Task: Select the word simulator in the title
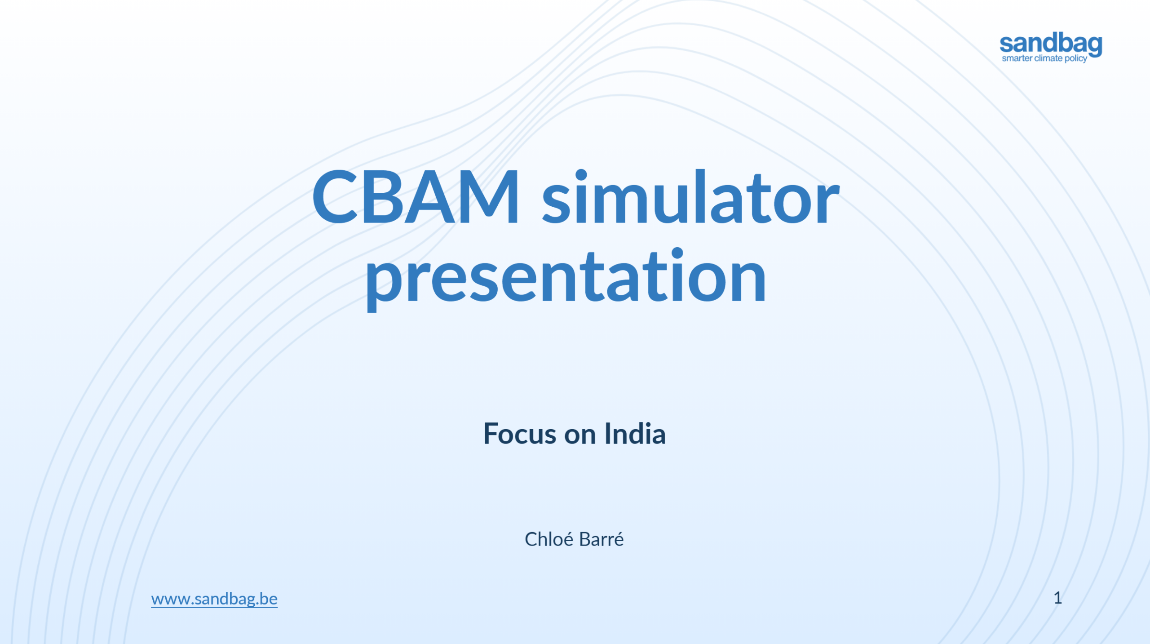(691, 196)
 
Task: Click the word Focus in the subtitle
(520, 434)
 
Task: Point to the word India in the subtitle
(635, 434)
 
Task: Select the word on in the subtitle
(580, 435)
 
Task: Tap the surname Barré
(602, 539)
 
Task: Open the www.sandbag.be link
(214, 599)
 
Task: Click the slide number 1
(1058, 598)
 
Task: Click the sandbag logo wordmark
(1051, 44)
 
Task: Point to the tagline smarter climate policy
(1044, 58)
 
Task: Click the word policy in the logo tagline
(1076, 59)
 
